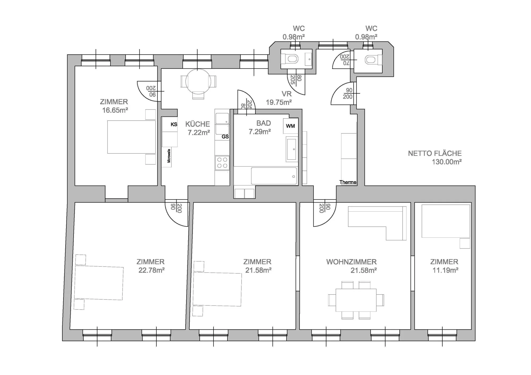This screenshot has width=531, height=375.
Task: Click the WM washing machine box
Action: pos(290,126)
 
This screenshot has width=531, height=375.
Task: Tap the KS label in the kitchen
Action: pos(174,124)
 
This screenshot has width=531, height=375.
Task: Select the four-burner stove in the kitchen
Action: pos(222,163)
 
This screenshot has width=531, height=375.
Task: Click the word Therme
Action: pos(348,182)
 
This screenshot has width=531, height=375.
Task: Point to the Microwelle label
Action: pos(169,156)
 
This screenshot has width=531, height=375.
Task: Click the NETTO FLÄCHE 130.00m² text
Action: pos(435,158)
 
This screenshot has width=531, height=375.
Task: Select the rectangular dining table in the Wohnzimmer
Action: pos(356,300)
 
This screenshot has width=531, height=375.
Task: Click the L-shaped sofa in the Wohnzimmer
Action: pos(377,223)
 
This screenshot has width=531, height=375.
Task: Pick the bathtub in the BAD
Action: pos(274,176)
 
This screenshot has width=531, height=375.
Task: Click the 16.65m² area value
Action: pos(115,110)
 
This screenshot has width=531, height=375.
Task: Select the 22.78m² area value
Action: pos(151,270)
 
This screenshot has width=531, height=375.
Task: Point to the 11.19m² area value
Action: pos(446,270)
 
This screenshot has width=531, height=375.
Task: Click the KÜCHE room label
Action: pos(198,124)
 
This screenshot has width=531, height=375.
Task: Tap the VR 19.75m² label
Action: pos(279,98)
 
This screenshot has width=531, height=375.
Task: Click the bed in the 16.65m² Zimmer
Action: pos(131,137)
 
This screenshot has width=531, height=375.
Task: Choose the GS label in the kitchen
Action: pos(225,137)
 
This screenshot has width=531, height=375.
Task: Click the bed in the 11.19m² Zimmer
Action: pos(446,221)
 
